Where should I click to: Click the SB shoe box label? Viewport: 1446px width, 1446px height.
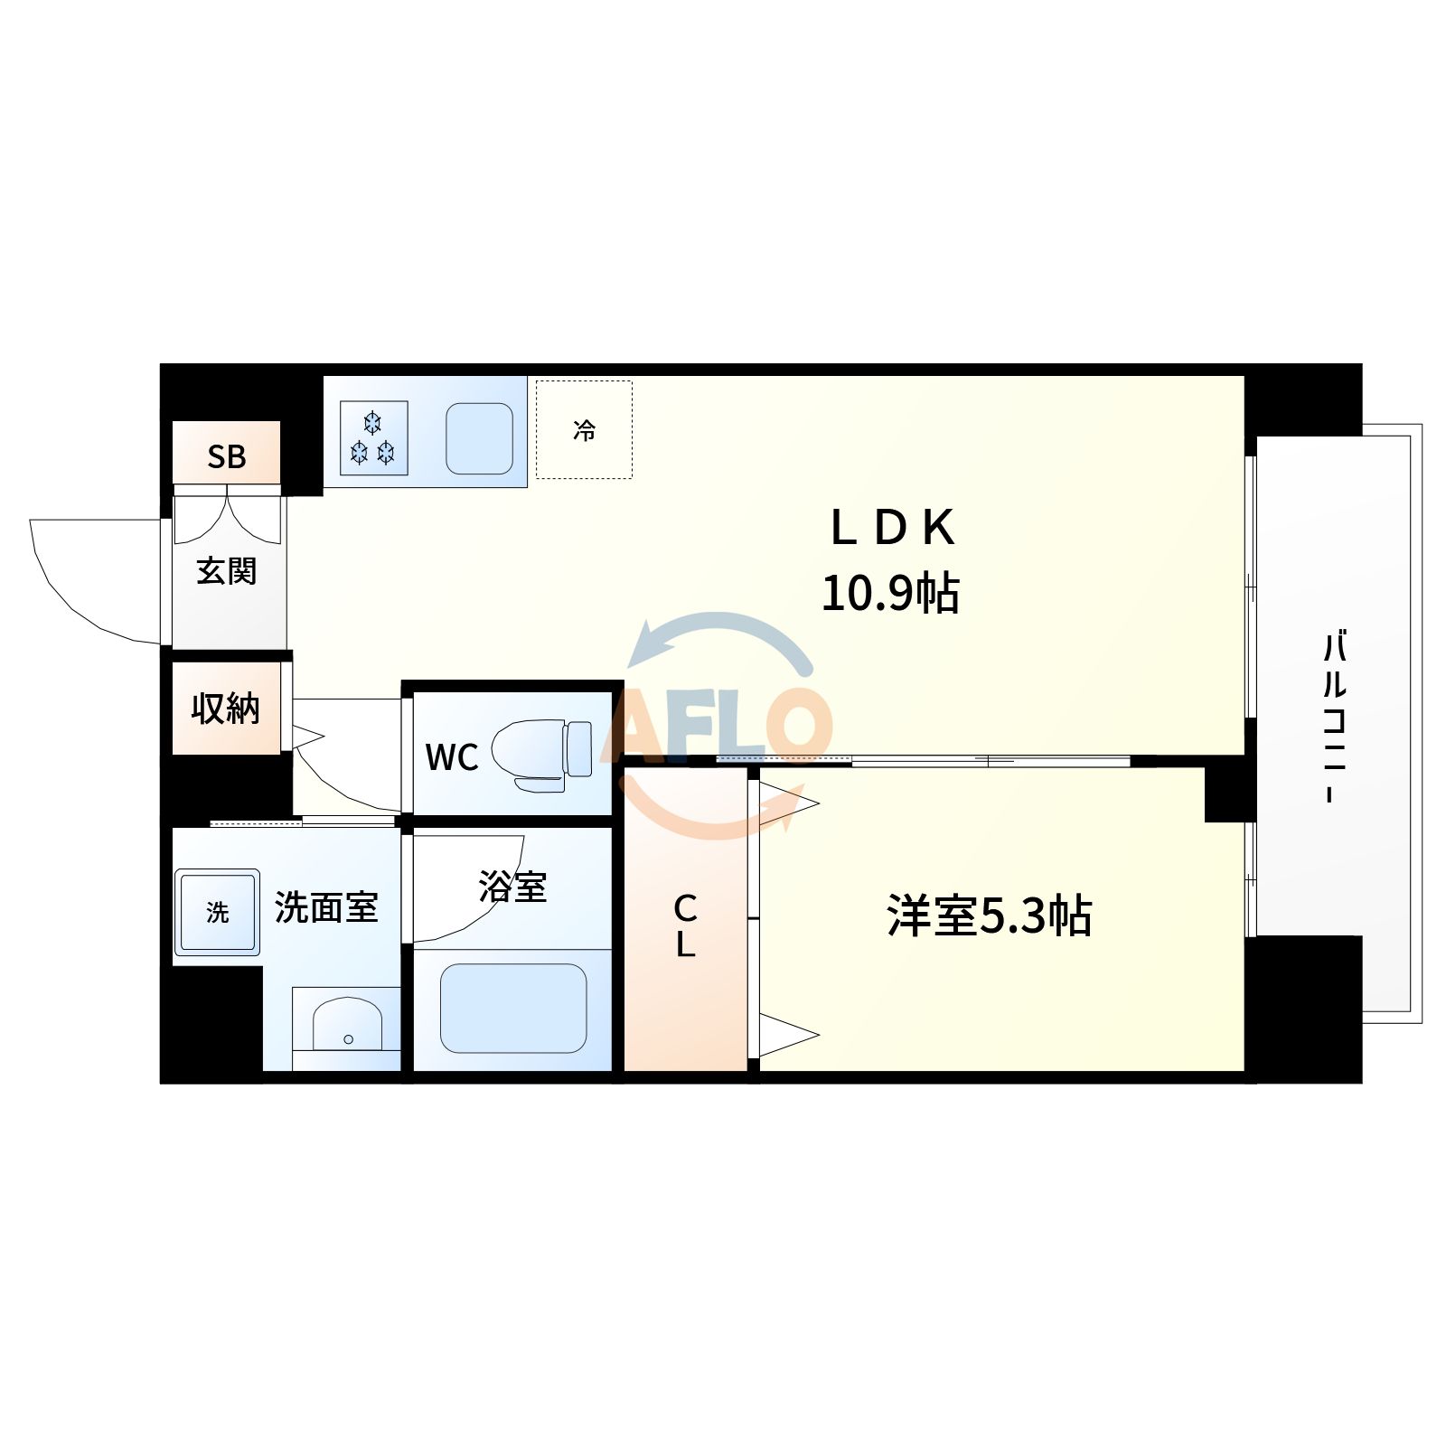[x=226, y=456]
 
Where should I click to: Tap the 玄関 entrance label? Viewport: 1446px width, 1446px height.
[x=227, y=571]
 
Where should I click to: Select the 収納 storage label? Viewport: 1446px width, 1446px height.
[x=226, y=709]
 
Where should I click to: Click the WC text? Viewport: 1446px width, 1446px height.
[x=452, y=757]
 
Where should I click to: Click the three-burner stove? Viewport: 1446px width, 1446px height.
[x=373, y=437]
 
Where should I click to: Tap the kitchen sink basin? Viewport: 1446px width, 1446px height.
[x=479, y=438]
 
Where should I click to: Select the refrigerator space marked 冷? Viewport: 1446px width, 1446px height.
[x=584, y=429]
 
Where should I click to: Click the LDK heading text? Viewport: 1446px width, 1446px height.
[x=892, y=528]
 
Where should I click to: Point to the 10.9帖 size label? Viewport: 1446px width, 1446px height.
[x=890, y=594]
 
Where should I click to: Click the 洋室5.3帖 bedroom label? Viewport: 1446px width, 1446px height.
[x=990, y=915]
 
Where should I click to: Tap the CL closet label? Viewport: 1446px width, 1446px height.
[x=685, y=925]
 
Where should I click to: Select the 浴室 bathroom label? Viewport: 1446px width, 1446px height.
[x=512, y=887]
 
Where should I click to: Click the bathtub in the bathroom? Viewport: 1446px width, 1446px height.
[x=512, y=1008]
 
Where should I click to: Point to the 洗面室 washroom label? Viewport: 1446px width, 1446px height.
[x=325, y=906]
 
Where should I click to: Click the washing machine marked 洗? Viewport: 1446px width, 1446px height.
[x=217, y=912]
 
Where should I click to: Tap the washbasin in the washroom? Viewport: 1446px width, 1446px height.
[x=347, y=1026]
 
